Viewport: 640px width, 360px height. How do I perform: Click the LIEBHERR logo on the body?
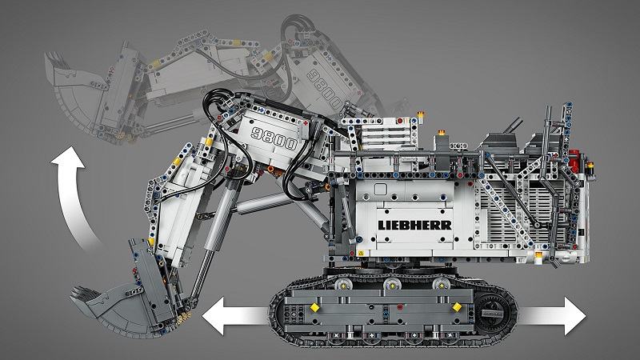point(414,226)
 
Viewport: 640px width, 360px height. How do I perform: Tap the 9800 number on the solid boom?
point(274,138)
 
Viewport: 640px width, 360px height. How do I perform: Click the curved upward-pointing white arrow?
point(73,196)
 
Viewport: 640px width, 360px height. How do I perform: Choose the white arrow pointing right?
point(551,316)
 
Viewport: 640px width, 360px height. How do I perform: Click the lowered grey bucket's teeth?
point(84,293)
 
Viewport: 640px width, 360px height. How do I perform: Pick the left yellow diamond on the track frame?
point(314,307)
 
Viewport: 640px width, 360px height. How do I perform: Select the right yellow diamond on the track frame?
point(457,307)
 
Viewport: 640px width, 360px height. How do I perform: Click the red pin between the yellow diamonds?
point(399,306)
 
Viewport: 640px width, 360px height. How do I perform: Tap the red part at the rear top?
point(574,161)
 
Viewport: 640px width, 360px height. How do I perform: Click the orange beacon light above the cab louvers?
point(420,115)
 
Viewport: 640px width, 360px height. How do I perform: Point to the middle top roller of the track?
point(392,285)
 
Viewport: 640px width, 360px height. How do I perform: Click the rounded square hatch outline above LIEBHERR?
point(381,189)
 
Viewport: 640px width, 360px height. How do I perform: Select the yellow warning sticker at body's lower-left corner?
point(361,253)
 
